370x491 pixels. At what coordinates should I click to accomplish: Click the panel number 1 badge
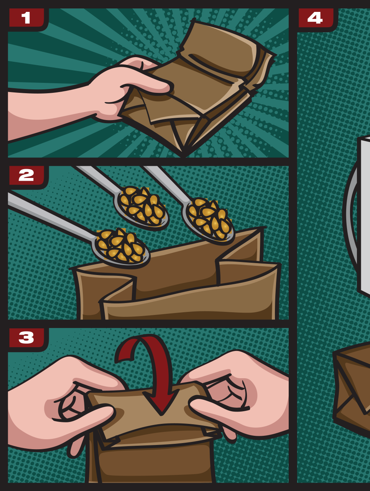28,19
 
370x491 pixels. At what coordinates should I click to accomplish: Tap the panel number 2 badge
28,177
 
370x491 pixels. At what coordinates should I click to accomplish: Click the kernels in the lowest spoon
121,245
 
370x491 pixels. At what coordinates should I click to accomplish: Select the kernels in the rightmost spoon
210,218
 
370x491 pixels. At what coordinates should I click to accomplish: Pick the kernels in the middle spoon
141,206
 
